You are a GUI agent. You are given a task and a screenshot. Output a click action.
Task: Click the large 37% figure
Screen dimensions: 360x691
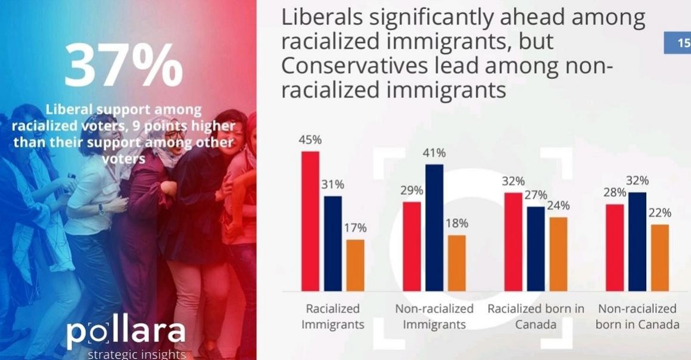123,64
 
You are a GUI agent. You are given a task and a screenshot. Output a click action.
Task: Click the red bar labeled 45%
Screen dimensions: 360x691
310,221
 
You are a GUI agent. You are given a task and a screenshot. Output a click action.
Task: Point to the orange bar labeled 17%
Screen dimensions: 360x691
355,265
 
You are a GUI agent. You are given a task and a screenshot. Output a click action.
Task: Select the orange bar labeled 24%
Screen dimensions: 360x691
558,254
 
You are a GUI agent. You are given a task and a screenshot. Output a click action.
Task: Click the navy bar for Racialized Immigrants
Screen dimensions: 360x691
333,243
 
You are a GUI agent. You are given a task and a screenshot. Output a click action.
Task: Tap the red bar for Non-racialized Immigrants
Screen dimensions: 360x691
412,246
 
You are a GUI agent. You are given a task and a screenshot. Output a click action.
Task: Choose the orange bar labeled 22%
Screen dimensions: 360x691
659,257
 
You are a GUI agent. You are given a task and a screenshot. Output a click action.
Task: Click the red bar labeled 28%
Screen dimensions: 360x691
615,247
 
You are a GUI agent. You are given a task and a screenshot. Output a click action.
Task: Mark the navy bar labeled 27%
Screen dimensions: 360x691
536,249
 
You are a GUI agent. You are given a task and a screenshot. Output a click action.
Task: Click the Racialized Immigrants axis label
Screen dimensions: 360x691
332,317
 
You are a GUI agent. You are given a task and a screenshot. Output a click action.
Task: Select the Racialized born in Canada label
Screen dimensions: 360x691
536,317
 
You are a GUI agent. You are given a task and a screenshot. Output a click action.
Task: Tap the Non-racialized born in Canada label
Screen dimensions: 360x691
637,317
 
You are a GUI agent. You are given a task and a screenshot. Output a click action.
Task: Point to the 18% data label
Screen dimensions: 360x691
457,224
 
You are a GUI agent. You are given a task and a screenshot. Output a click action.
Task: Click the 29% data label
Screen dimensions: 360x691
412,191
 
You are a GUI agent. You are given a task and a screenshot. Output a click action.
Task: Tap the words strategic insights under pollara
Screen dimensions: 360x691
136,355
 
